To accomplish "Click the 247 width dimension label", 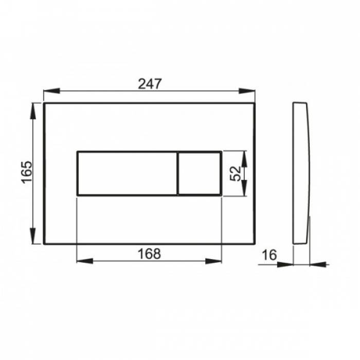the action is point(150,84).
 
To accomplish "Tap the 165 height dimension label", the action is point(27,172).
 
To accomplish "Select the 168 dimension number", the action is point(149,254).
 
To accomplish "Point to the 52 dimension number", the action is point(236,174).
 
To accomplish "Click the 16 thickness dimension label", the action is point(269,255).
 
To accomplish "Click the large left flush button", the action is point(127,173).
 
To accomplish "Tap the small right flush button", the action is point(200,173).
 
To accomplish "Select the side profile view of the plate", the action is point(301,173).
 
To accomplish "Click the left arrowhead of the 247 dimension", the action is point(51,91).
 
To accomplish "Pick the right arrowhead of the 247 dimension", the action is point(247,91).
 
